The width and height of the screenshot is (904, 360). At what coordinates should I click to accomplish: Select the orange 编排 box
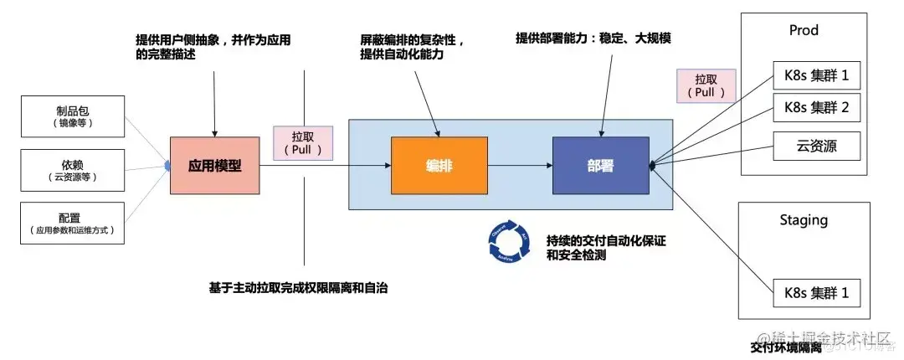tap(439, 166)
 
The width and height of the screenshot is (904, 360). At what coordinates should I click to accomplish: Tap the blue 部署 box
tap(600, 166)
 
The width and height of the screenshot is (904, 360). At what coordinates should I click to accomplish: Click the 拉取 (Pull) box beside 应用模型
tap(303, 143)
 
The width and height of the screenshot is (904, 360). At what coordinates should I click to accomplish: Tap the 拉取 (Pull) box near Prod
tap(705, 85)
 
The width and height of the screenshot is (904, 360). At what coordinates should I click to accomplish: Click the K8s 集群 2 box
tap(816, 107)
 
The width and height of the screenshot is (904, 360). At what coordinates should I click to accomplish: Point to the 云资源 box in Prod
tap(816, 146)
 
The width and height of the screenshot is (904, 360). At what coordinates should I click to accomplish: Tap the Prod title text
tap(804, 30)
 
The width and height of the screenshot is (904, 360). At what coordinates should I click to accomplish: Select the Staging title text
tap(803, 220)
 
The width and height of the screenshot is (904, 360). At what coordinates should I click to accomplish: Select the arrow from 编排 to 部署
tap(519, 166)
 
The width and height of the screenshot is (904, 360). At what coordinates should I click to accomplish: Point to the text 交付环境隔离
tap(786, 347)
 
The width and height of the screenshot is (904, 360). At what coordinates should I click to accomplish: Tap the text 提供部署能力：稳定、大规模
tap(596, 38)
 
